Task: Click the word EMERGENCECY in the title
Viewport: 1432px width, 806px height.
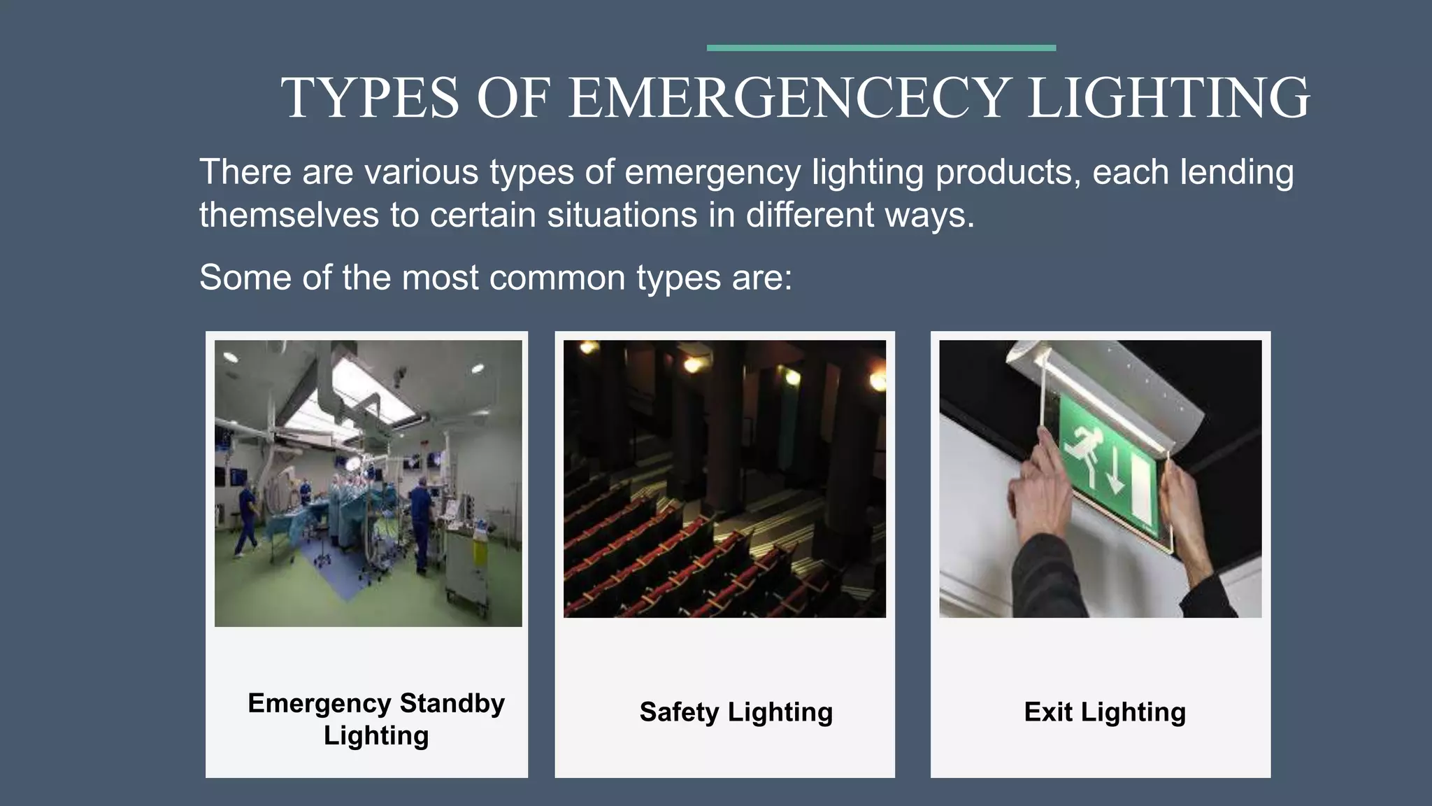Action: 788,98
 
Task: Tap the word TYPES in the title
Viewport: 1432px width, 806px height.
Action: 370,98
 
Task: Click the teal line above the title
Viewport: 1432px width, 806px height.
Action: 881,48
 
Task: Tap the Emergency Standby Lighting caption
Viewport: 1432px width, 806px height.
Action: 376,719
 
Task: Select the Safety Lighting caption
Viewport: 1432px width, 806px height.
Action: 736,712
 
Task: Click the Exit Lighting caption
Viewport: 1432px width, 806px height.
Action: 1104,712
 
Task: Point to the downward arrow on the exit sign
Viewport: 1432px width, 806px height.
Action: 1115,476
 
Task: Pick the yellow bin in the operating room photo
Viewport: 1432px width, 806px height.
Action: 480,553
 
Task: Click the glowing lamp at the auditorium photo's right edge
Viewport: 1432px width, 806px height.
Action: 878,381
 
